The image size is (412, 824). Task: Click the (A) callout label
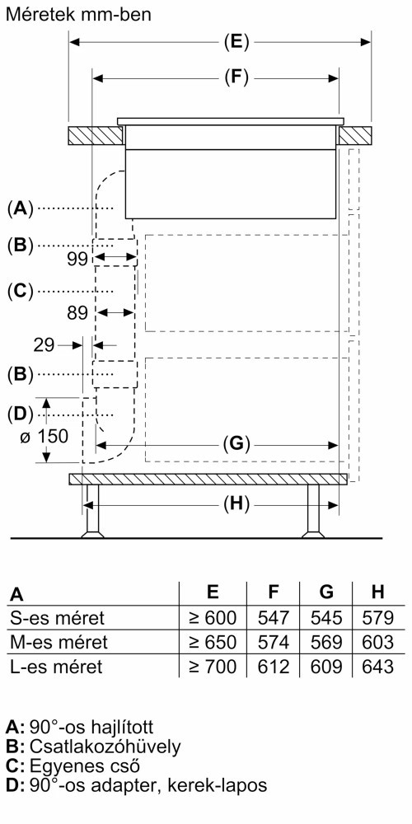pos(20,208)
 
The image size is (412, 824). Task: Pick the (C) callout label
pos(20,291)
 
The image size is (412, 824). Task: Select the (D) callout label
pos(20,414)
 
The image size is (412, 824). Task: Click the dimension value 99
pos(78,259)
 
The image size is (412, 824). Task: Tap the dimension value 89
pos(77,313)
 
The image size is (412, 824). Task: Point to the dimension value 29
pos(44,345)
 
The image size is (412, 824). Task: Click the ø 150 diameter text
pos(44,436)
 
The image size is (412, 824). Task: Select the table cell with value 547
pos(274,617)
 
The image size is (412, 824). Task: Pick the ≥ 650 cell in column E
pos(213,642)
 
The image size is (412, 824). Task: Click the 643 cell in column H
pos(378,667)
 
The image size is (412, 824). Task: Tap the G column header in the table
pos(326,592)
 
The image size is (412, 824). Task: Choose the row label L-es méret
pos(56,667)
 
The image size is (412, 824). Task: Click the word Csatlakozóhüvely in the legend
pos(105,747)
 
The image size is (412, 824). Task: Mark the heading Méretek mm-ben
pos(78,14)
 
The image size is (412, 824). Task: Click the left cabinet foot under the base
pos(92,511)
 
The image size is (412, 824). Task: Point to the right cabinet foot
pos(313,511)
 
